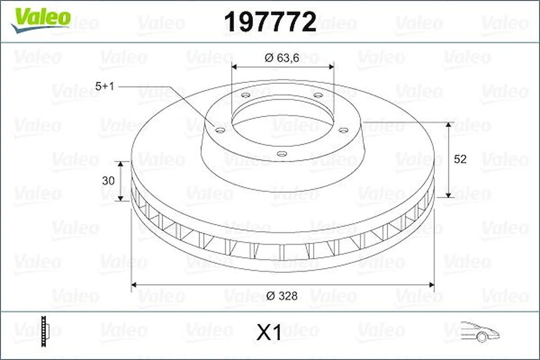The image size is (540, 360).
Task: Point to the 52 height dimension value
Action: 460,159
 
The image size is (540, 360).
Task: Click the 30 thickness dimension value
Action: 108,180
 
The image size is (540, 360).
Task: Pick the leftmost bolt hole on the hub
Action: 220,131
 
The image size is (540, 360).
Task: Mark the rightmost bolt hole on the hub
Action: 343,131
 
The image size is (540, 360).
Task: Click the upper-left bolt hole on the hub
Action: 245,95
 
